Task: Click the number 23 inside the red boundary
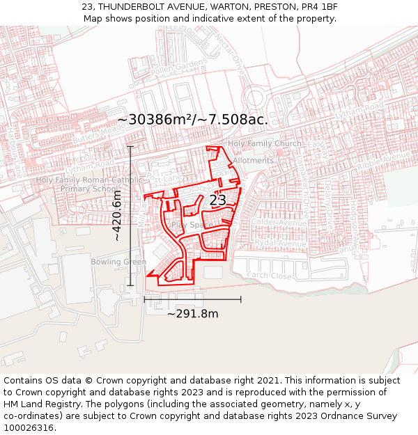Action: [x=217, y=200]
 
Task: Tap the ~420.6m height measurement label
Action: [x=118, y=216]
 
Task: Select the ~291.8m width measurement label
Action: [x=192, y=313]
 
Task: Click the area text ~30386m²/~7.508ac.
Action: [x=192, y=120]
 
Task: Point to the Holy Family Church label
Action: [x=265, y=144]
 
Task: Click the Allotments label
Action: [x=254, y=160]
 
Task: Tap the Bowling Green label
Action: [x=118, y=262]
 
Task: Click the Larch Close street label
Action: [x=270, y=276]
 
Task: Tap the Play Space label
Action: [x=189, y=226]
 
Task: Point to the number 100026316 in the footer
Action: [x=30, y=427]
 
